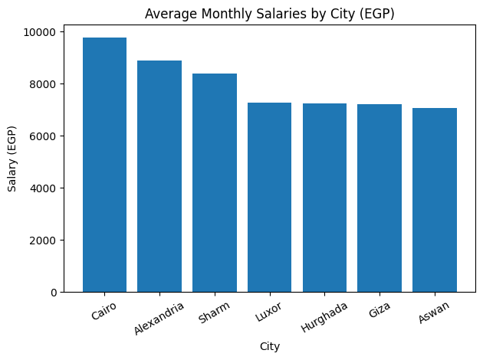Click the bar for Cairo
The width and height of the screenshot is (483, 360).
click(104, 165)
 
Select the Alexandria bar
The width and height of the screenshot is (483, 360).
click(159, 176)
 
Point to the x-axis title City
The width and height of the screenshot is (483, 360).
click(269, 346)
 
